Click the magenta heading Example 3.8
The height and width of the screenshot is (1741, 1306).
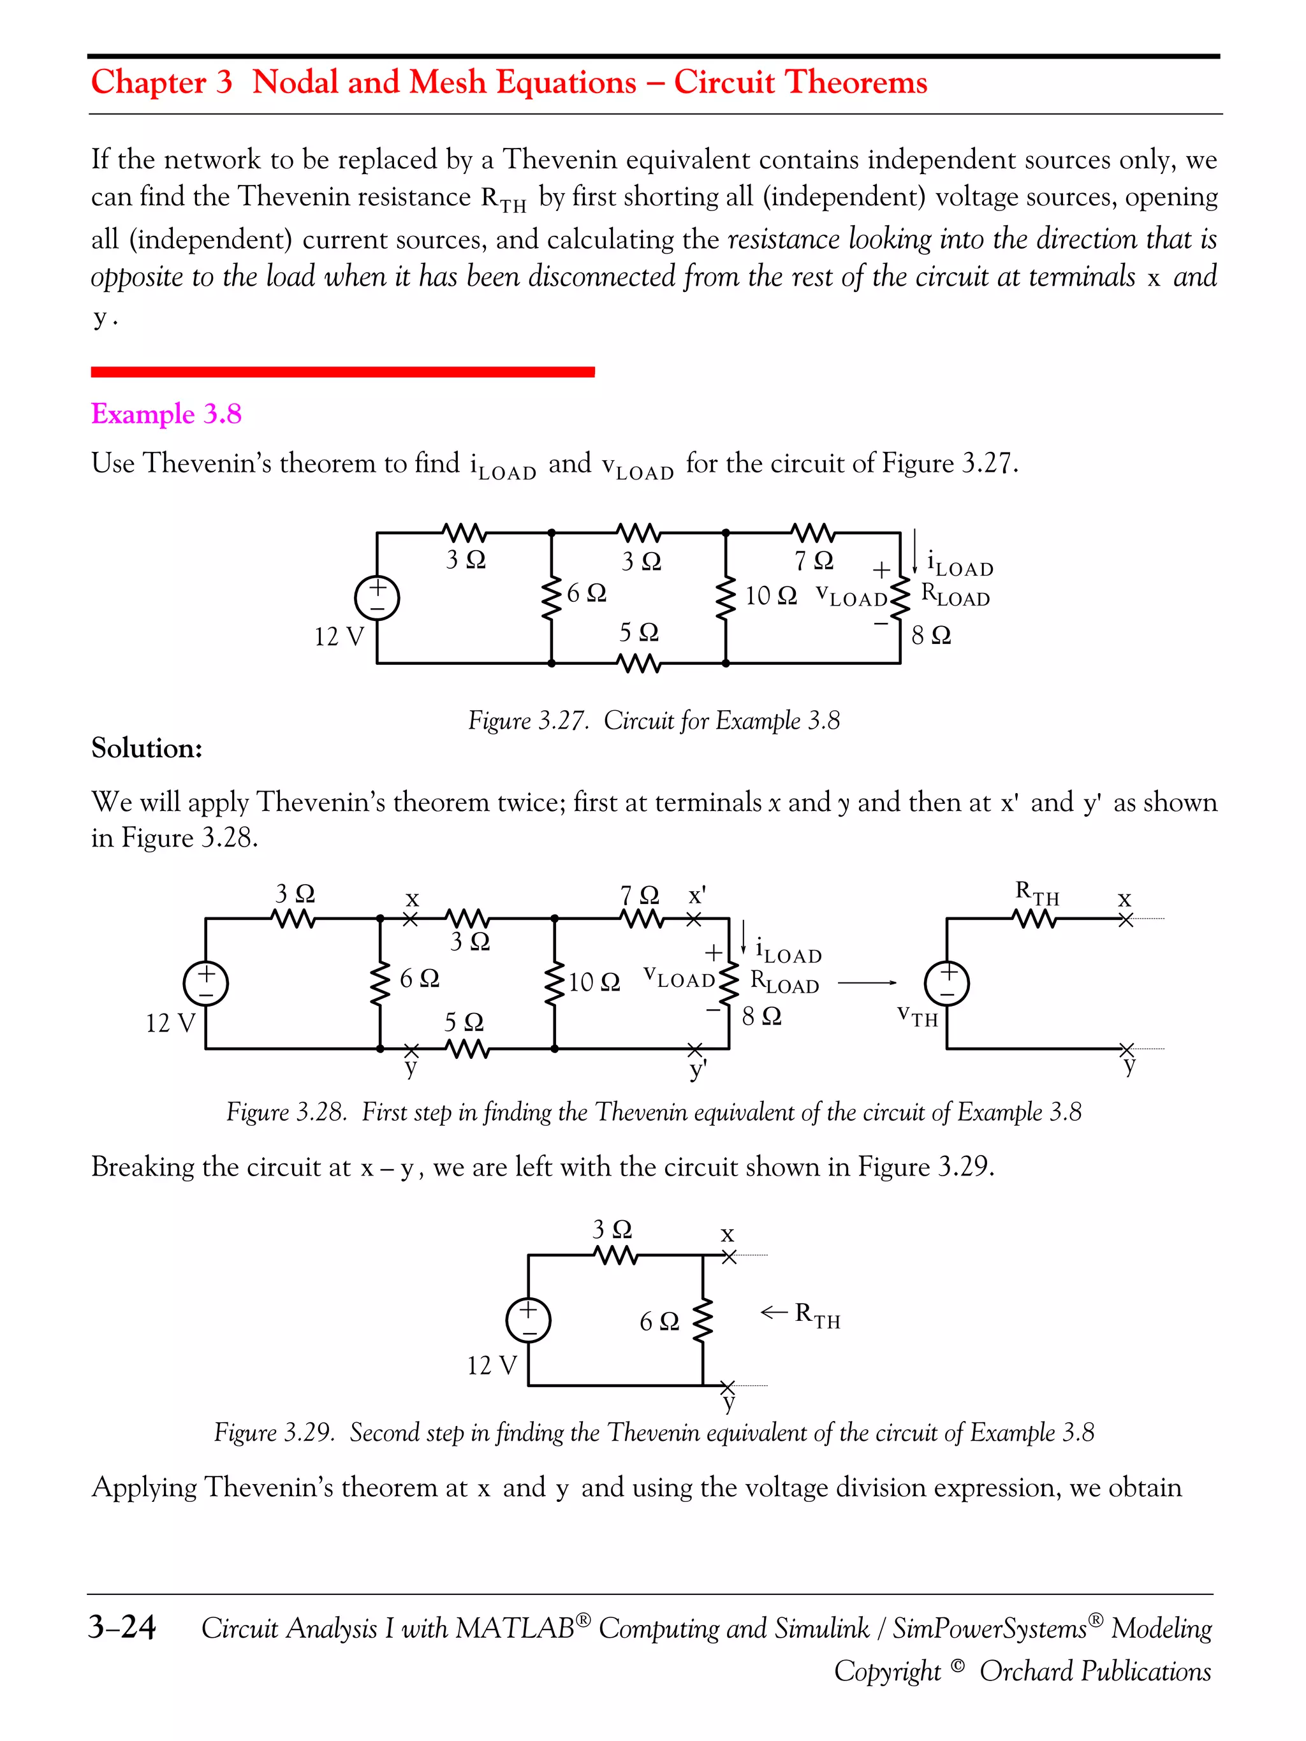coord(166,414)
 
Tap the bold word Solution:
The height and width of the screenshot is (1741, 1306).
coord(147,748)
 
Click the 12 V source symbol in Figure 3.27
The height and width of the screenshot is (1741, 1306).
coord(377,597)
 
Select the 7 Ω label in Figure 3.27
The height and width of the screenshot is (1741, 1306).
coord(813,560)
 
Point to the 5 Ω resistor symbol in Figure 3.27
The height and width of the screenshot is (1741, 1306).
coord(639,664)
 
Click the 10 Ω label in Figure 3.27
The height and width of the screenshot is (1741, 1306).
coord(771,596)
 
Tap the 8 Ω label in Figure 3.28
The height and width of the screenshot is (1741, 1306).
coord(761,1016)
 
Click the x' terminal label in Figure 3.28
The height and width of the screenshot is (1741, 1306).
coord(697,896)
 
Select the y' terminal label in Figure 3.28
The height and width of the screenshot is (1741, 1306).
coord(698,1070)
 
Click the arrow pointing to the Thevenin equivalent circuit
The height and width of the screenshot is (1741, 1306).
coord(867,982)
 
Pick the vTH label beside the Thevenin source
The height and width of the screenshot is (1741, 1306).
coord(917,1016)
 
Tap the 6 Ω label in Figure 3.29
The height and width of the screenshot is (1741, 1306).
coord(659,1322)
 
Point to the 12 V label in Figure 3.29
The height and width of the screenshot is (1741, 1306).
coord(492,1366)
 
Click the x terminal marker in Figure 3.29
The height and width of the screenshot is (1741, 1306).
coord(729,1256)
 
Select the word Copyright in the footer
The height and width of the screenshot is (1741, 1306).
coord(887,1670)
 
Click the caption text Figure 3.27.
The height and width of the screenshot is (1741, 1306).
coord(527,720)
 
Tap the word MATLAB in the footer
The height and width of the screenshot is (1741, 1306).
coord(514,1628)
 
